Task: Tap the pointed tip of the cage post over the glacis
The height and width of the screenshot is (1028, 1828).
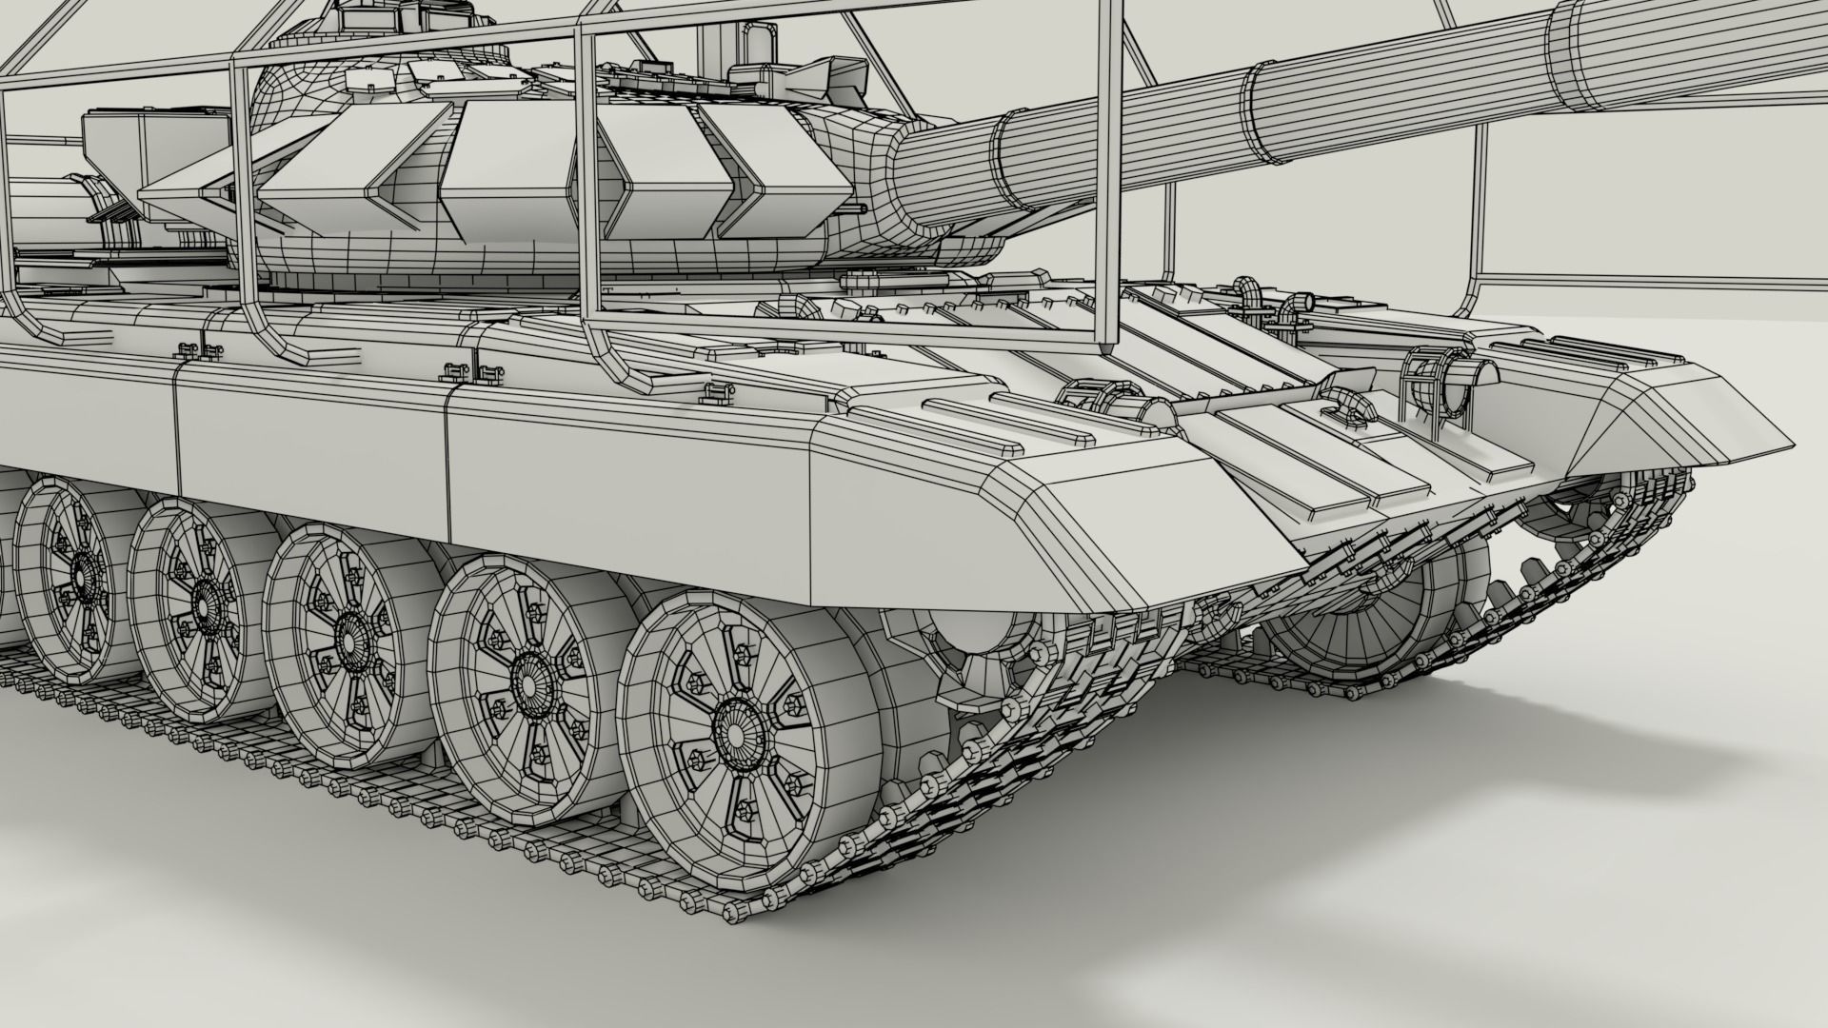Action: (x=1104, y=349)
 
